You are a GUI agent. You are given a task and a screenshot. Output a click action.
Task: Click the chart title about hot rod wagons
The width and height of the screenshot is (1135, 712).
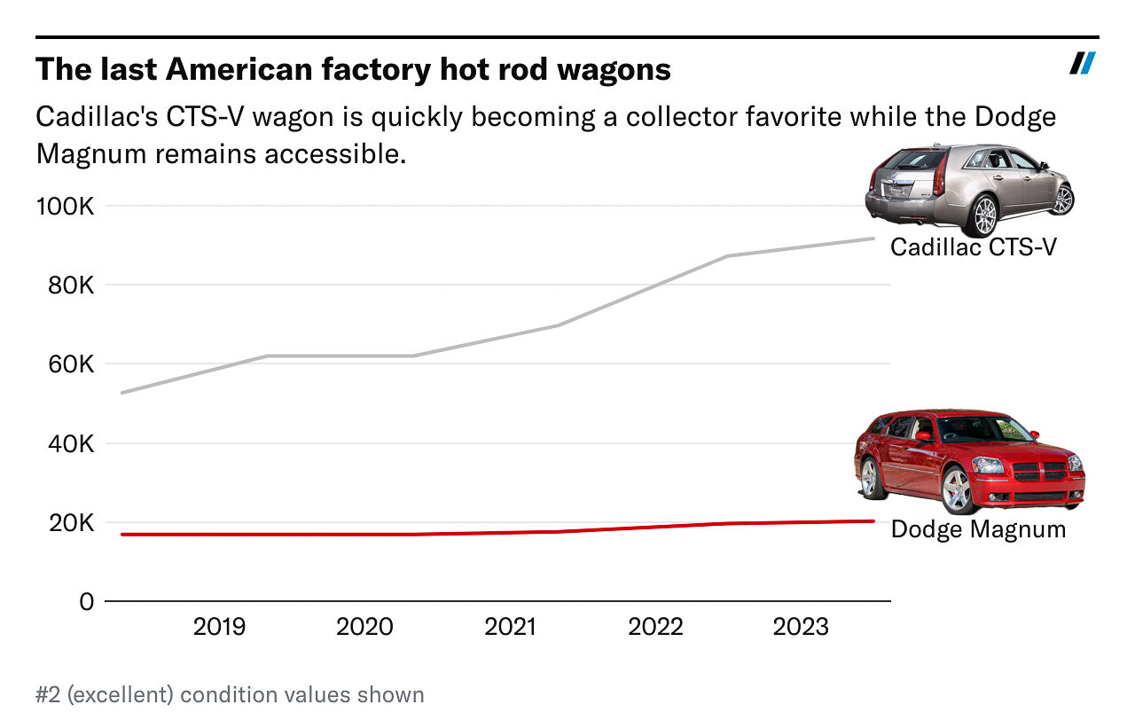tap(353, 69)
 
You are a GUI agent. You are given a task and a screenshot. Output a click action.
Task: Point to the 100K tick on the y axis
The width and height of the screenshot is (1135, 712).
tap(63, 207)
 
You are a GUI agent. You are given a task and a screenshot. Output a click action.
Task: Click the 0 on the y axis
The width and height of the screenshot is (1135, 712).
tap(86, 601)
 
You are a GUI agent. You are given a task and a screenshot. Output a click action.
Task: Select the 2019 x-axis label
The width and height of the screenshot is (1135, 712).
tap(219, 628)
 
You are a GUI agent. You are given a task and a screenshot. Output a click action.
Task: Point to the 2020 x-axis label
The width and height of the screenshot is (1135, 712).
tap(364, 628)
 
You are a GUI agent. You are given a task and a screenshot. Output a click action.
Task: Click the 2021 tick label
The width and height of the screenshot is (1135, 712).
tap(510, 628)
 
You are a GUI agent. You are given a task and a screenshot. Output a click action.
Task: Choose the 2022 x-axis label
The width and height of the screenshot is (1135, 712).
tap(655, 628)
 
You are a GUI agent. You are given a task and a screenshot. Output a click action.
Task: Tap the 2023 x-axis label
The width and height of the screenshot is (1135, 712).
tap(801, 628)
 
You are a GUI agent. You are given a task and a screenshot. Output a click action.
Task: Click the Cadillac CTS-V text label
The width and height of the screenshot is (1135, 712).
tap(973, 246)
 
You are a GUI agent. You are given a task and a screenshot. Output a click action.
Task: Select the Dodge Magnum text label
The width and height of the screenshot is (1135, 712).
tap(978, 529)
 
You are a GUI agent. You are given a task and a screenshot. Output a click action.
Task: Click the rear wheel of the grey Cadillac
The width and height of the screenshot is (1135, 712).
tap(984, 215)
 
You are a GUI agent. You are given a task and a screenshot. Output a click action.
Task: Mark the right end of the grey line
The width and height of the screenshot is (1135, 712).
tap(873, 239)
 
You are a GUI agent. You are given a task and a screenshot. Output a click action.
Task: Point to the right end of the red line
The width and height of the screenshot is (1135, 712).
tap(873, 521)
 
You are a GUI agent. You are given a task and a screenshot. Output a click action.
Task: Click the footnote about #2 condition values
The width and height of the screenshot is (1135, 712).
tap(230, 694)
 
